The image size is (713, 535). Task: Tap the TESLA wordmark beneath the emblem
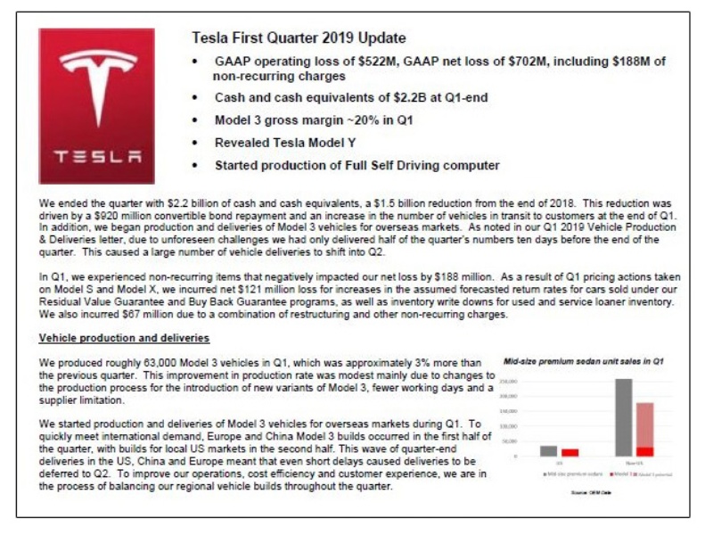pyautogui.click(x=96, y=156)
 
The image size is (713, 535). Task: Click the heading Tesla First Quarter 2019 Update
pyautogui.click(x=299, y=38)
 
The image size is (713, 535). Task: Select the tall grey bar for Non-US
pyautogui.click(x=624, y=417)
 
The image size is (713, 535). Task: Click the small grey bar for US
pyautogui.click(x=549, y=451)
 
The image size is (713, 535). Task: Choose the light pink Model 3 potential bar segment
pyautogui.click(x=644, y=424)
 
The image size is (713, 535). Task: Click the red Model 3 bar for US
pyautogui.click(x=570, y=453)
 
